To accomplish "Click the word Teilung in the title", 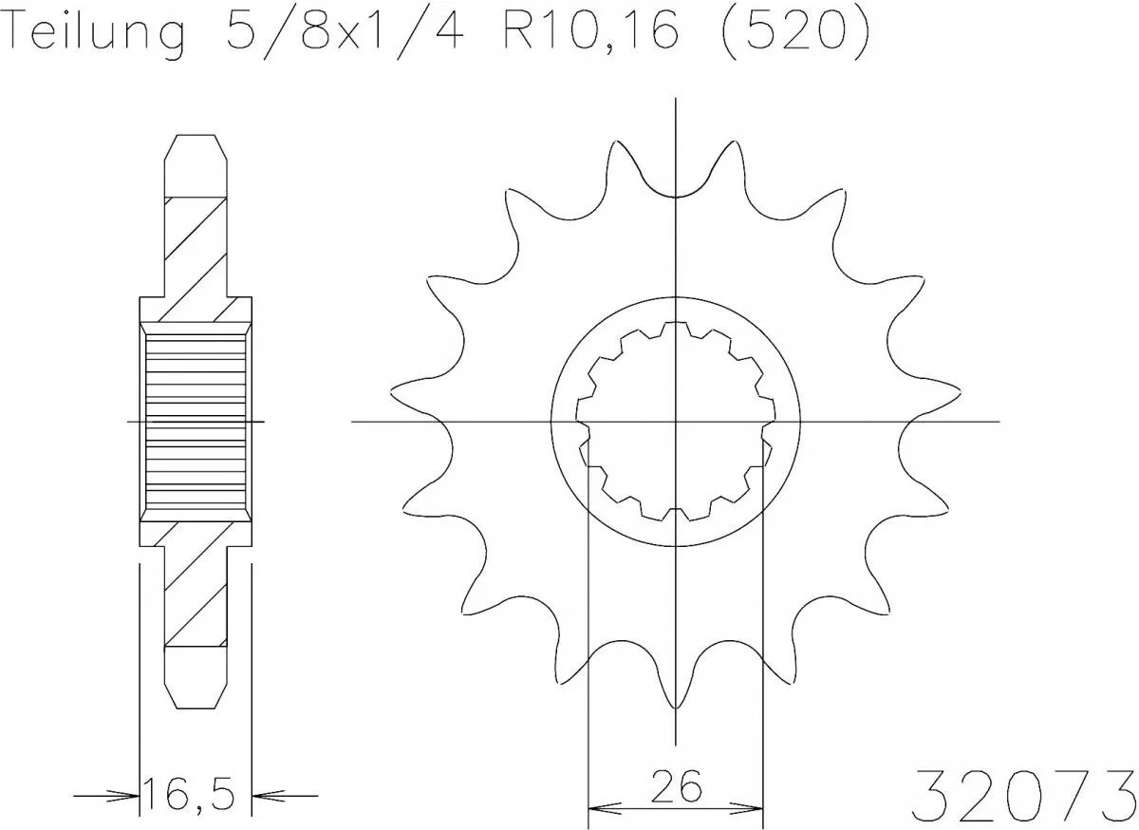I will coord(95,33).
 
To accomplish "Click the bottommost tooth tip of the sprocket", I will coord(675,707).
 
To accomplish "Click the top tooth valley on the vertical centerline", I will coord(675,197).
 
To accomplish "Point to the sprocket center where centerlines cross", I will coord(675,421).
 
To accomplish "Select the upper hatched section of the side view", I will coord(196,252).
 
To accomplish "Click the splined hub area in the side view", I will coord(195,421).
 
